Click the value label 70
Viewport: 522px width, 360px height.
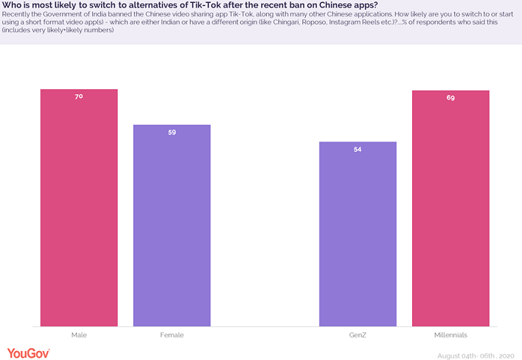(79, 97)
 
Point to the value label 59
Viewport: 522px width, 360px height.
(172, 133)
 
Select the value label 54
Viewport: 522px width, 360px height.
(358, 150)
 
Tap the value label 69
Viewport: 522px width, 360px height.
(450, 97)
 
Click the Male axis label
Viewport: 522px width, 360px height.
(79, 335)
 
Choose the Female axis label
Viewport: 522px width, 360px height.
(172, 335)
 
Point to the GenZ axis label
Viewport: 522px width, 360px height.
(358, 335)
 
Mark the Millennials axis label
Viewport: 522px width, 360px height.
(450, 335)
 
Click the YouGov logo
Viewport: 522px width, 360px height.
(29, 353)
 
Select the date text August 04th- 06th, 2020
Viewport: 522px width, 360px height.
(476, 355)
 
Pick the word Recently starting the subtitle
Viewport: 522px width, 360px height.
(18, 15)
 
